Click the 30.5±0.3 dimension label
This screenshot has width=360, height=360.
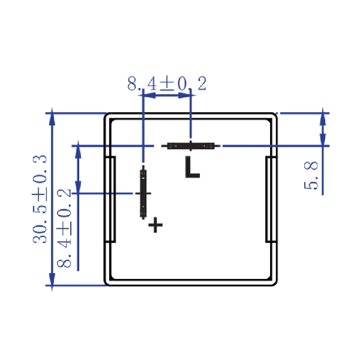pyautogui.click(x=40, y=199)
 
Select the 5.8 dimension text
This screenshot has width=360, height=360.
pyautogui.click(x=311, y=175)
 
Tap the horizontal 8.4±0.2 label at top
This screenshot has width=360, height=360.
pyautogui.click(x=167, y=83)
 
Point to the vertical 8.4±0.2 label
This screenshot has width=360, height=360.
pyautogui.click(x=64, y=228)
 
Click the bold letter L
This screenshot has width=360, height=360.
pyautogui.click(x=192, y=167)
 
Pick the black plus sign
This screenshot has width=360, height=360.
pyautogui.click(x=155, y=225)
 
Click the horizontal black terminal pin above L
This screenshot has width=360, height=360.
pyautogui.click(x=191, y=146)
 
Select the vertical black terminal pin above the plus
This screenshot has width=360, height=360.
pyautogui.click(x=143, y=193)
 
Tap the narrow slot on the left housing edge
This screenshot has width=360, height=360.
pyautogui.click(x=110, y=199)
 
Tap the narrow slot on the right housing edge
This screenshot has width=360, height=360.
pyautogui.click(x=271, y=199)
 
